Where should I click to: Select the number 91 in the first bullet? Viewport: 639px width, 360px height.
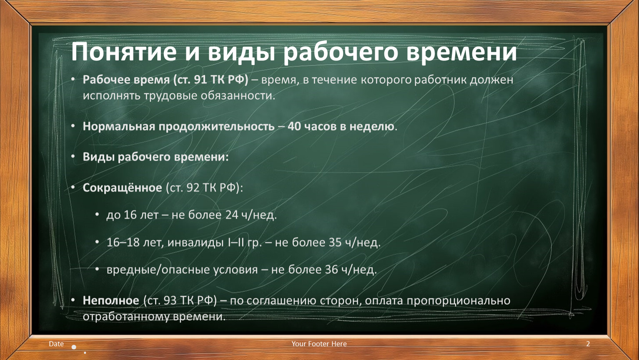coord(200,80)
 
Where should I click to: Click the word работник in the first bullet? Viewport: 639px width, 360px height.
coord(441,80)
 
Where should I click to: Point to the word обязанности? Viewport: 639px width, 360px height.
coord(238,95)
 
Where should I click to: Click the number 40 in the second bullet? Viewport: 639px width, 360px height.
coord(294,126)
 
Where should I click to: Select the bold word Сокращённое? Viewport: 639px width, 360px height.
coord(123,187)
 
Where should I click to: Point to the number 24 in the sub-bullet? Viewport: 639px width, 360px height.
coord(232,215)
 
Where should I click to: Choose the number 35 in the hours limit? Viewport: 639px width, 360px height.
coord(335,242)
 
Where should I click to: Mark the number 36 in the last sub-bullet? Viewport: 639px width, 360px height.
coord(331,270)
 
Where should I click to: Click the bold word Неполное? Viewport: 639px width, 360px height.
coord(111,300)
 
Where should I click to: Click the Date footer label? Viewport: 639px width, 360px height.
coord(56,344)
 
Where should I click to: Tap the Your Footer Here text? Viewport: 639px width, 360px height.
coord(319,344)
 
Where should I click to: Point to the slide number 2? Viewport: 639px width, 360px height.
coord(588,344)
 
